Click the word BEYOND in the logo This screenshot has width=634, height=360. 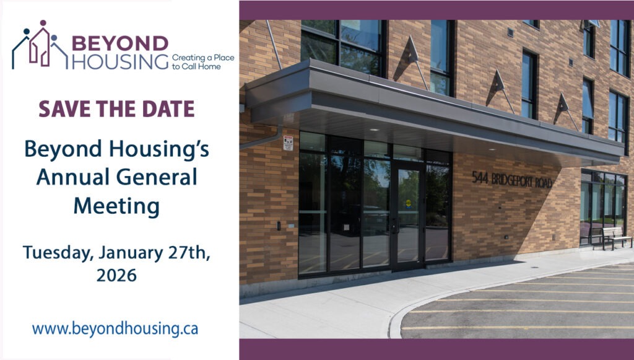tap(120, 44)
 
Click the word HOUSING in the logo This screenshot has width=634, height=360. tap(120, 61)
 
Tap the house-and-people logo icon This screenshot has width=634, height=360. tap(40, 45)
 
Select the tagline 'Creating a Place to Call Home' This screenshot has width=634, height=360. tap(203, 62)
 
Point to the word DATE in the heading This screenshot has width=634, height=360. tap(172, 109)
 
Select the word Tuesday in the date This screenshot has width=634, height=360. tap(58, 253)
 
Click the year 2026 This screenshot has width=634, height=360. tap(116, 276)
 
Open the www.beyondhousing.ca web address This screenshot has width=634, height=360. tap(115, 328)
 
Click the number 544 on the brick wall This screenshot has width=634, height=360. tap(480, 177)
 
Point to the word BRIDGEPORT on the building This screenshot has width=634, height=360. tap(512, 180)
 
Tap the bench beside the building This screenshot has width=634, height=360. tap(616, 238)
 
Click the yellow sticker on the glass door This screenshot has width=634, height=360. tap(409, 203)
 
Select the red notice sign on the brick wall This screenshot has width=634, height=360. tap(288, 143)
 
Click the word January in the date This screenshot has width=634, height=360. tap(131, 253)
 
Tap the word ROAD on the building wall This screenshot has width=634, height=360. tap(544, 183)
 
